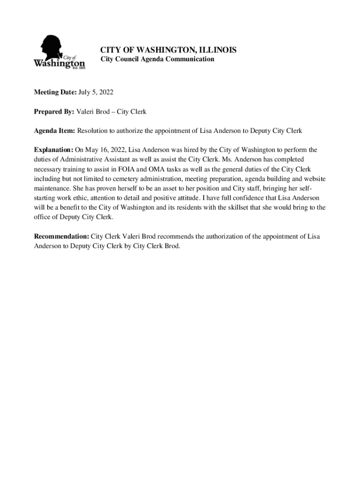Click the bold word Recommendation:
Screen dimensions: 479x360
click(61, 236)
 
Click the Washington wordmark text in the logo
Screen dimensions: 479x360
click(59, 63)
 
